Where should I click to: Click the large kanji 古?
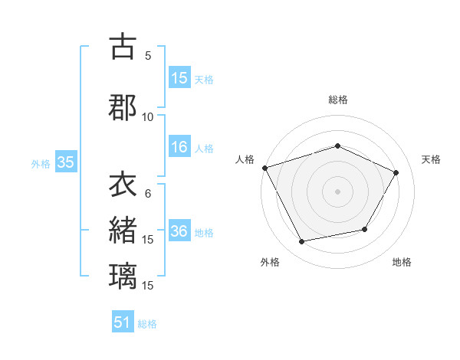tap(123, 47)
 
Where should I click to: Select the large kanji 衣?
tap(123, 186)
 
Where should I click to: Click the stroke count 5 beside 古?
tap(148, 56)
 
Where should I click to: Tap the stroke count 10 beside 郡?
tap(148, 116)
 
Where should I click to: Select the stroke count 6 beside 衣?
tap(148, 194)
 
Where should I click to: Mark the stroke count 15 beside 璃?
tap(148, 285)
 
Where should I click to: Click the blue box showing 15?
tap(179, 78)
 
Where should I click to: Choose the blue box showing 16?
tap(179, 148)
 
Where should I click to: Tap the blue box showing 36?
tap(179, 231)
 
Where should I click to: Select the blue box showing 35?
tap(65, 162)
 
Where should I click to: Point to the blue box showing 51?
tap(123, 322)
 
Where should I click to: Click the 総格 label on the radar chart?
tap(337, 100)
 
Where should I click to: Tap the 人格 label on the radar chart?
tap(245, 159)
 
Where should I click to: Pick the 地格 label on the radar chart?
tap(402, 262)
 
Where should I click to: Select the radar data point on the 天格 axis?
tap(396, 172)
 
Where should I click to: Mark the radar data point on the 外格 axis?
tap(302, 242)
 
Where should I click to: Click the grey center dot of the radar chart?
tap(337, 191)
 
